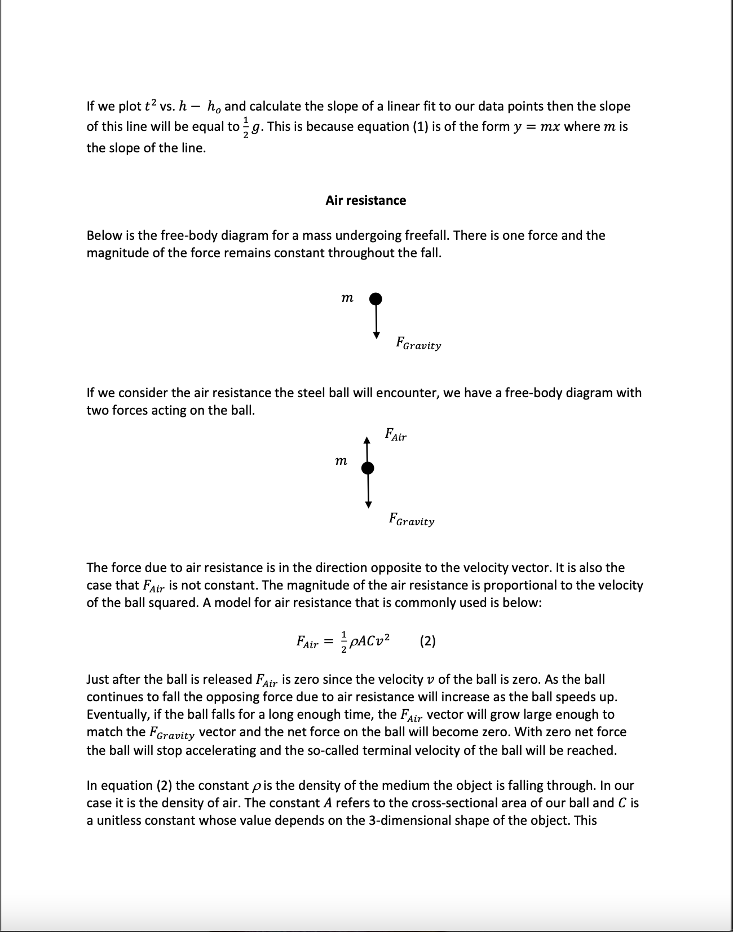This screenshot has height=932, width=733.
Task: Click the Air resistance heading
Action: click(x=365, y=200)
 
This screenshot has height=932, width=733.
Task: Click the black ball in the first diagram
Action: click(x=376, y=298)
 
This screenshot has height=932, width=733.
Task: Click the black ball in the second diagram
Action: click(x=368, y=468)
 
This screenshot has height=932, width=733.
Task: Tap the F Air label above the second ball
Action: click(x=395, y=435)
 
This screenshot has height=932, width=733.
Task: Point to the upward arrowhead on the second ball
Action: click(x=367, y=440)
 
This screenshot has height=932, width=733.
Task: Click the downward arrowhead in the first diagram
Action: click(x=376, y=335)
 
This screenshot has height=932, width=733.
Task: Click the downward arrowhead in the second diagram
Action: click(x=368, y=503)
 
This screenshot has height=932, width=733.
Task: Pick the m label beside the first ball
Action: click(x=348, y=298)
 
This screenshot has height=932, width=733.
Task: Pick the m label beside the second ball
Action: click(x=341, y=461)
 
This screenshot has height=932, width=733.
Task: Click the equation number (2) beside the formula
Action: click(x=428, y=641)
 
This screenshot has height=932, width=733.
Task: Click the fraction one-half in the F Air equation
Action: click(x=344, y=641)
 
